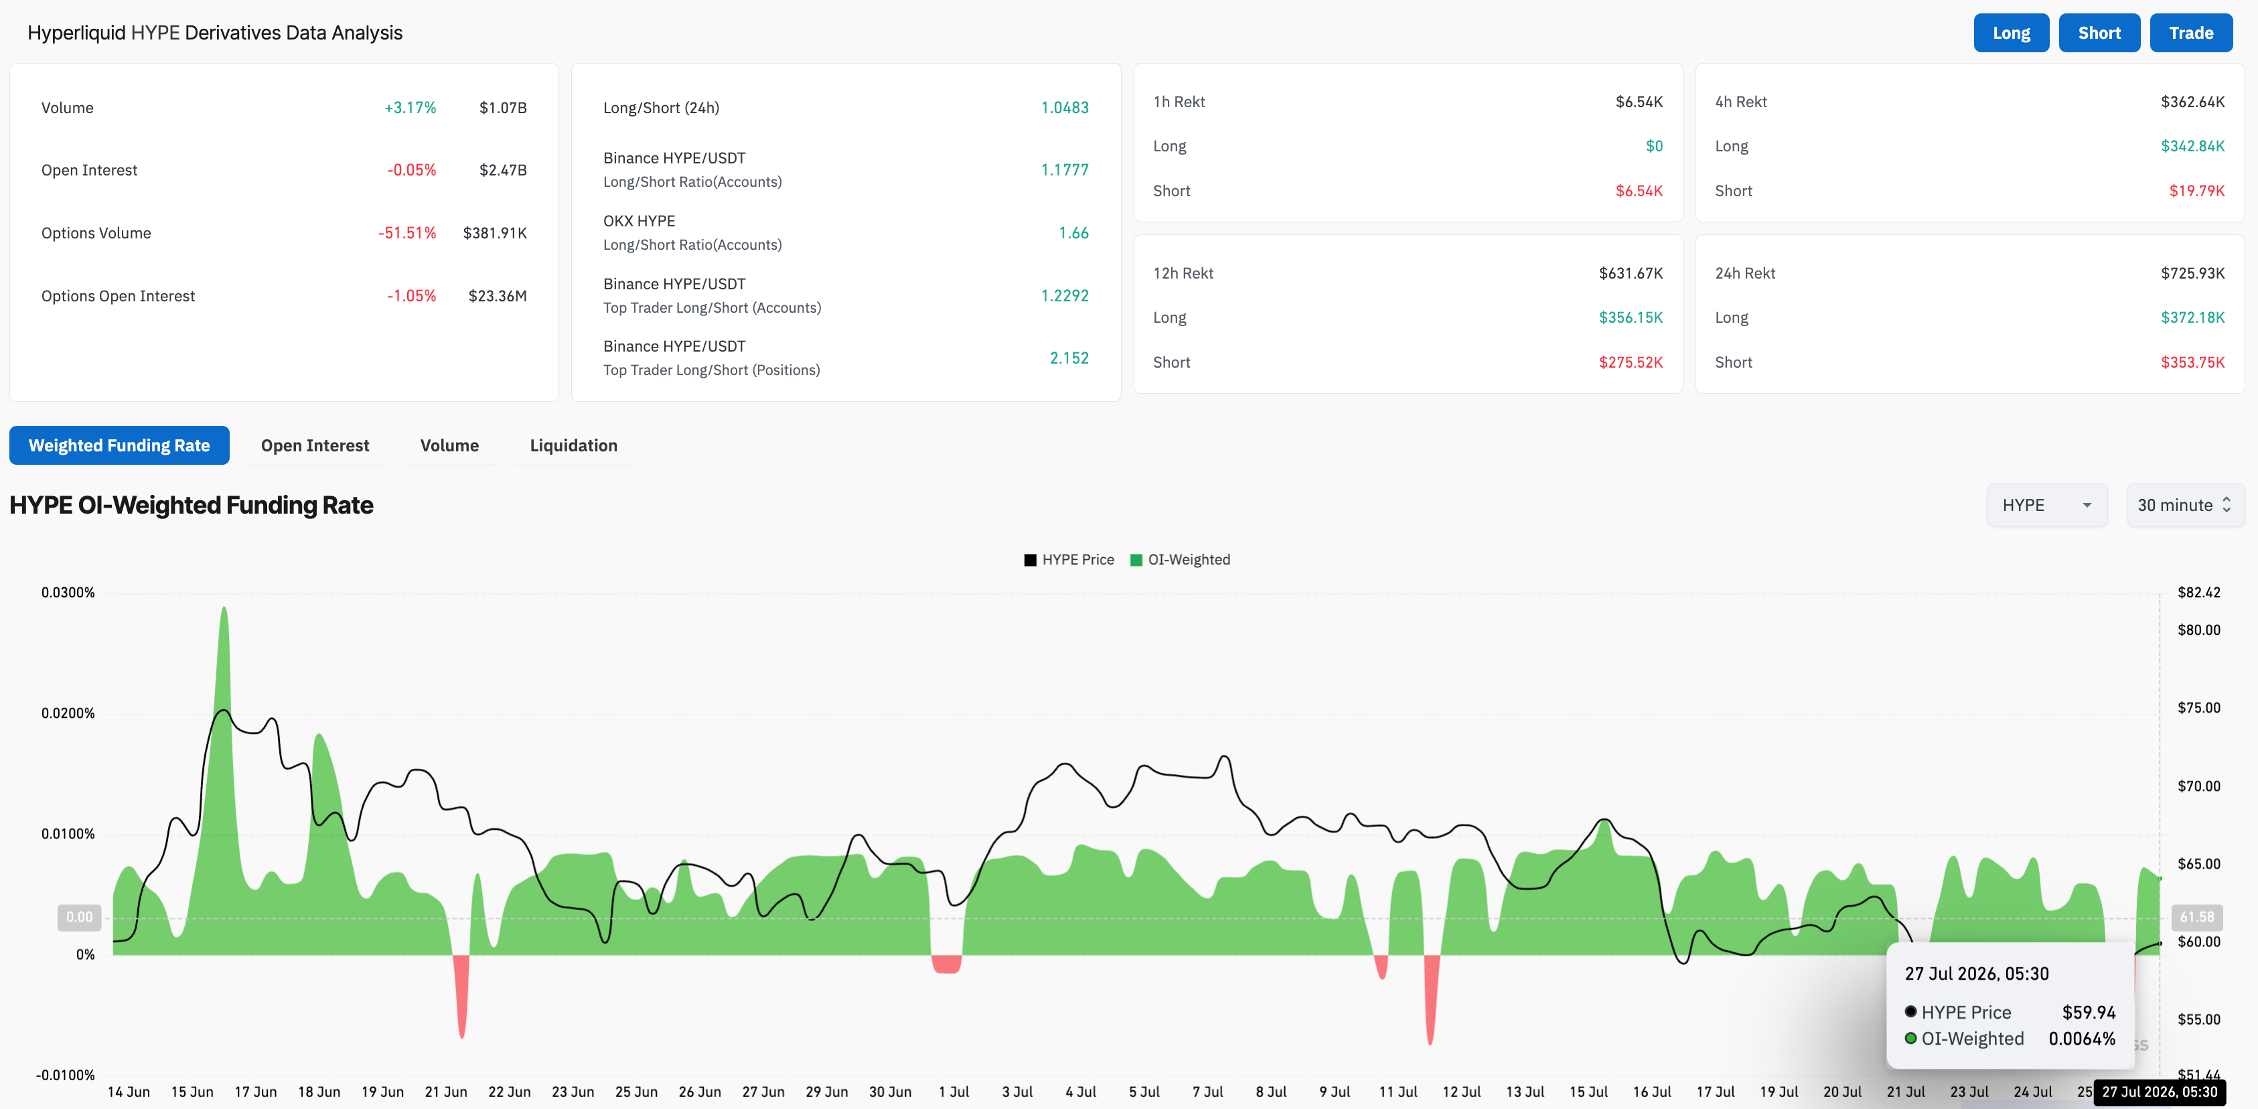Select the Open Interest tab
(315, 445)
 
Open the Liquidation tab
(573, 445)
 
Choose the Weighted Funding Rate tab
(119, 445)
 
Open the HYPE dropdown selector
(2047, 505)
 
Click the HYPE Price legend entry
(1069, 559)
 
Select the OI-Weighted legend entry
(1180, 559)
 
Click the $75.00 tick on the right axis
(2198, 707)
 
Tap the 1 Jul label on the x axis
(954, 1092)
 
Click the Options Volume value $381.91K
(494, 233)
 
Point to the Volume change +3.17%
(410, 108)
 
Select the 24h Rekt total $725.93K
(2192, 273)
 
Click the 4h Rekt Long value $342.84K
(2192, 147)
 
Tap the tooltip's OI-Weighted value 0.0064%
(2082, 1039)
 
